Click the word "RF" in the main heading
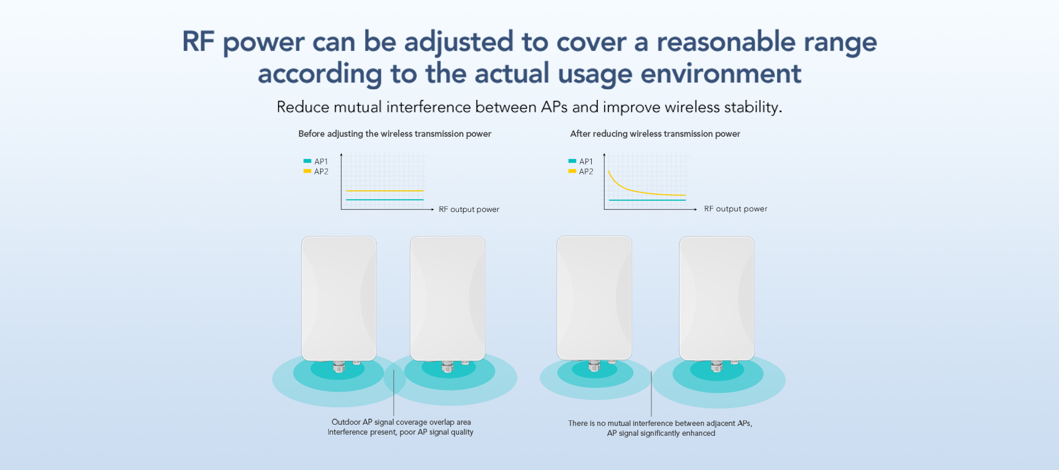199,42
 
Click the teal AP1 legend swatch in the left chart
307,161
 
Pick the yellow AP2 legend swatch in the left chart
307,171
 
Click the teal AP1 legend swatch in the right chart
572,161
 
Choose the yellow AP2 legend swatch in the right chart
572,171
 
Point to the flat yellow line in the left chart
385,191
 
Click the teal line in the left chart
385,200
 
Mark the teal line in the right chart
648,200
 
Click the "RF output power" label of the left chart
469,210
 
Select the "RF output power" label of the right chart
736,209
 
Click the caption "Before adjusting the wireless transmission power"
395,134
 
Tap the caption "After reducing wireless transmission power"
655,134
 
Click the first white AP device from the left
339,298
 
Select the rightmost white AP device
717,298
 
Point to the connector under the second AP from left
448,366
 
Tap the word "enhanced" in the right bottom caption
699,434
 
